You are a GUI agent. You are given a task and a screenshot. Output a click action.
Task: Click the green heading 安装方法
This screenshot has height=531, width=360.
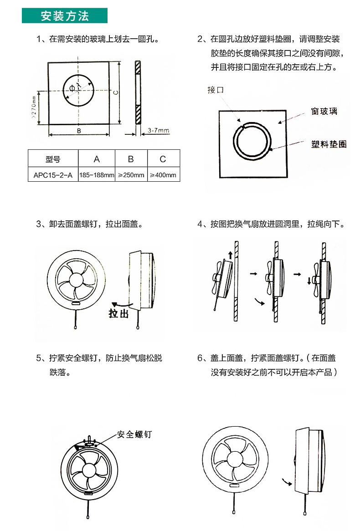65,16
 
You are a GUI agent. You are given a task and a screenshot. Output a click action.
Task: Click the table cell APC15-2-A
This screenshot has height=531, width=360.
53,175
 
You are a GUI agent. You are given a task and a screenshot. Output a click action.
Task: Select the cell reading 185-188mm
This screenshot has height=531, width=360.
97,175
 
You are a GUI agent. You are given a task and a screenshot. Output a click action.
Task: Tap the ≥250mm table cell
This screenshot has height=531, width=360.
131,175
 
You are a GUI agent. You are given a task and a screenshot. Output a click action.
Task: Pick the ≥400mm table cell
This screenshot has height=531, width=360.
163,175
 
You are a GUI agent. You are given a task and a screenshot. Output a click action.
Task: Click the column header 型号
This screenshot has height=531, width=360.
53,159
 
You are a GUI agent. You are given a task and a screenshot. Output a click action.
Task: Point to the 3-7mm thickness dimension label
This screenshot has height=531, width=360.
159,131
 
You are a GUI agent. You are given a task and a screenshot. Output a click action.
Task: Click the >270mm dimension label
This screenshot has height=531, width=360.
34,107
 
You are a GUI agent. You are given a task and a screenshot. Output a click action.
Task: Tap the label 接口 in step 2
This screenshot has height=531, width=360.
216,90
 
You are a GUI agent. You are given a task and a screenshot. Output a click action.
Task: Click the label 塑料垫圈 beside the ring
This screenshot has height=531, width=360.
329,144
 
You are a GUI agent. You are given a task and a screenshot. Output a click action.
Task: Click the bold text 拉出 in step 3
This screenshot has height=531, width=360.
118,314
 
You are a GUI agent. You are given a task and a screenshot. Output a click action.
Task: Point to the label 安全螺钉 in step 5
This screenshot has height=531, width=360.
134,434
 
